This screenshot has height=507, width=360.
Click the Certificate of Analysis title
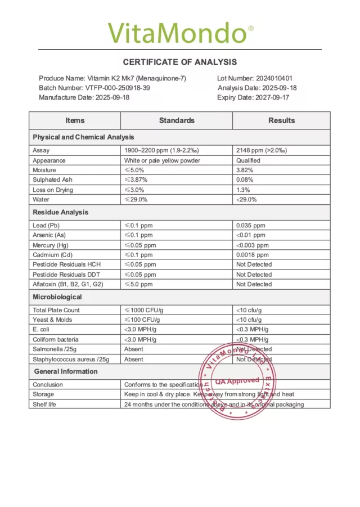click(180, 62)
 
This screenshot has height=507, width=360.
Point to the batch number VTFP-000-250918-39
click(117, 88)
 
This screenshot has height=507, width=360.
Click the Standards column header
click(177, 120)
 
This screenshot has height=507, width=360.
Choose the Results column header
click(281, 120)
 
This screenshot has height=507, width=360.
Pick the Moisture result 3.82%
click(245, 170)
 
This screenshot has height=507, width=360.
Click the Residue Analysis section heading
click(60, 213)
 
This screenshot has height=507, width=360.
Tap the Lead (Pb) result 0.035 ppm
click(251, 226)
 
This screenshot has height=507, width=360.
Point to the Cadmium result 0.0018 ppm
click(253, 255)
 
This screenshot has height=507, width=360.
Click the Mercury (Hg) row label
click(52, 245)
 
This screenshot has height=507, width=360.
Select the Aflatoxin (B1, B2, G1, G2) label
click(67, 284)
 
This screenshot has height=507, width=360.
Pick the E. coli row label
click(42, 330)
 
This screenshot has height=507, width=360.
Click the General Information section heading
click(66, 371)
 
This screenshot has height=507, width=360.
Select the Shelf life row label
click(44, 405)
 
